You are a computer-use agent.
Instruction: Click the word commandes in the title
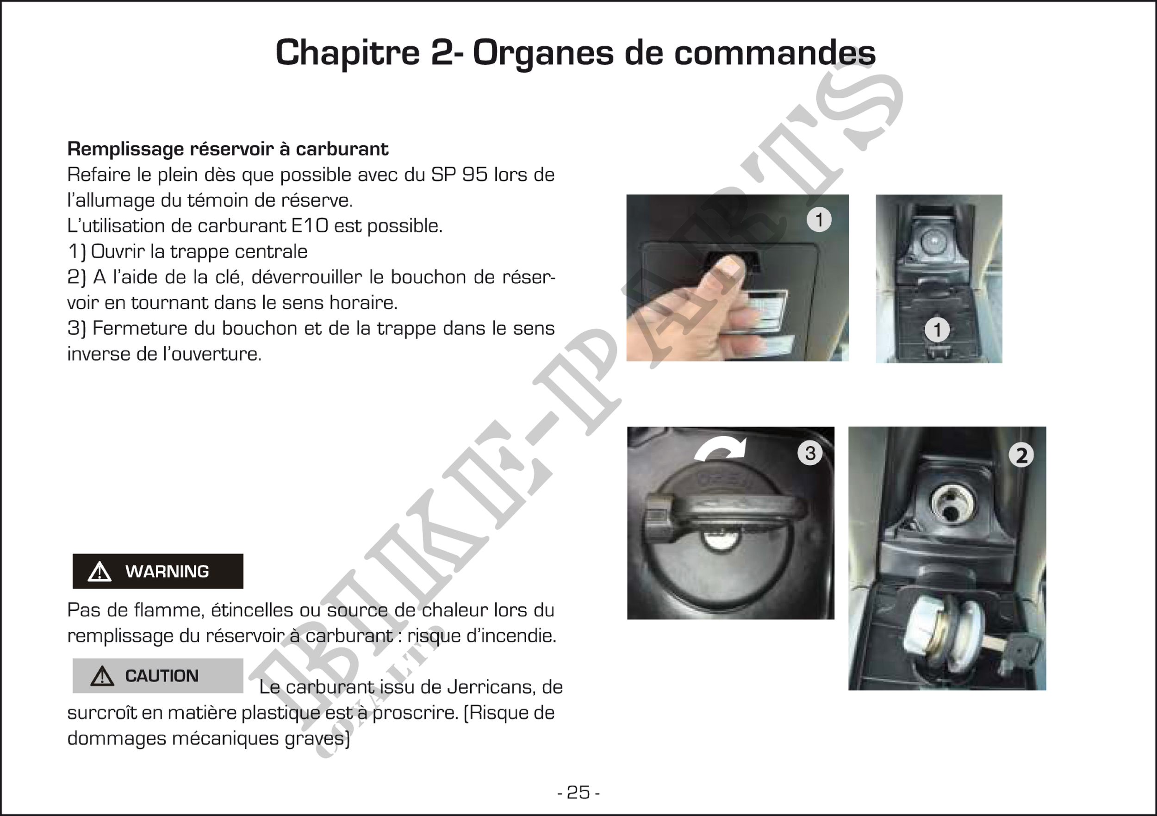coord(775,52)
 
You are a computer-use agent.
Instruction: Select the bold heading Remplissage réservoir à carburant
coord(228,149)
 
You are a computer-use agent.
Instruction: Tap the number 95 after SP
coord(475,174)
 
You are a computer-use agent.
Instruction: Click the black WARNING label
coord(158,571)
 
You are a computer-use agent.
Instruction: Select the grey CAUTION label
coord(158,675)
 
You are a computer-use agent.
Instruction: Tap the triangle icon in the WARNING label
coord(100,572)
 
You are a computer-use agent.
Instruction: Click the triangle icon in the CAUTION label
coord(102,676)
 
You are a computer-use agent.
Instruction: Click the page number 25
coord(578,792)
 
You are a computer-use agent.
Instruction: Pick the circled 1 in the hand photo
coord(819,220)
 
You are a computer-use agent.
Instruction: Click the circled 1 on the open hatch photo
coord(937,330)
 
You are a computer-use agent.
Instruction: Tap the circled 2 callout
coord(1021,455)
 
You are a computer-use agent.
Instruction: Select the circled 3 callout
coord(810,453)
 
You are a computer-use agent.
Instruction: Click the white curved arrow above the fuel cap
coord(721,447)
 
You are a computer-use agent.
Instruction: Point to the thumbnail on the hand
coord(726,267)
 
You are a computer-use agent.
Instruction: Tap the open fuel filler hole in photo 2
coord(949,506)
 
